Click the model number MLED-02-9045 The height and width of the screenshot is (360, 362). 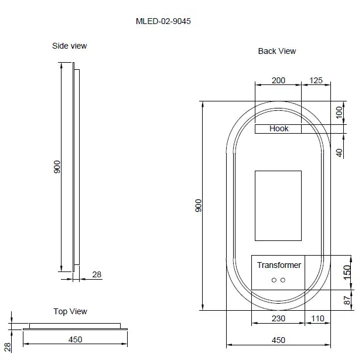coord(163,21)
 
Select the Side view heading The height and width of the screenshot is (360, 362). coord(70,46)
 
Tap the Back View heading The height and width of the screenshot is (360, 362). coord(277,51)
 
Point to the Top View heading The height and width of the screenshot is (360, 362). coord(70,311)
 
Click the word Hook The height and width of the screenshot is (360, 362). coord(279,128)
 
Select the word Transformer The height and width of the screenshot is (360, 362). coord(279,265)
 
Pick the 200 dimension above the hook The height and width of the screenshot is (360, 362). coord(279,80)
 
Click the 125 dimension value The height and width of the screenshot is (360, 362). coord(316,80)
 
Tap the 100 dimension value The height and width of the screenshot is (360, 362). coord(339,113)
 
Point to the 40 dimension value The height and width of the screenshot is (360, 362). coord(339,152)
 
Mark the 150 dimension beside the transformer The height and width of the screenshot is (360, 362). coord(346,271)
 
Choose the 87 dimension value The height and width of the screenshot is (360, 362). coord(346,300)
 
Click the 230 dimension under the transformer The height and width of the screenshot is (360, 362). coord(278,318)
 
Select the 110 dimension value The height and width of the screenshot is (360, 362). coord(317,318)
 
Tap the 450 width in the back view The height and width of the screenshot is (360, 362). coord(278,340)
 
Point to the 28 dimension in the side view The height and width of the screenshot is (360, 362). coord(97,274)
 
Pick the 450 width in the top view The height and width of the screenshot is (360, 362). coord(75,339)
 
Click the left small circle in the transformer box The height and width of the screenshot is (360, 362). coord(274,280)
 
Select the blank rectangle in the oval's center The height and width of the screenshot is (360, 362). coord(278,206)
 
